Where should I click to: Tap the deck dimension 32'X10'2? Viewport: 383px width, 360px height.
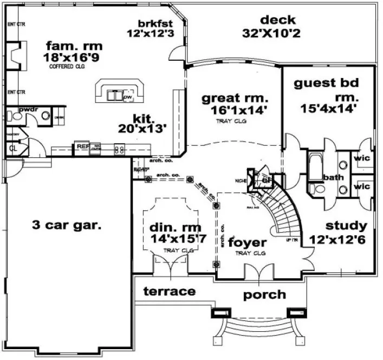[x=271, y=33]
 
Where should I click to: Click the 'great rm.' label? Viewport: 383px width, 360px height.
[x=235, y=98]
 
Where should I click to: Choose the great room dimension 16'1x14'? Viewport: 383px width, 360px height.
[x=234, y=110]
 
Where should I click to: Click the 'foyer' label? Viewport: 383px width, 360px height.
[x=247, y=242]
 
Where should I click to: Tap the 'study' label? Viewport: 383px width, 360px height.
[x=346, y=226]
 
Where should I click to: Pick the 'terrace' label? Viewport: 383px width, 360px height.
[x=169, y=292]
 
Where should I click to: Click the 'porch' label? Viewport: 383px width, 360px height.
[x=264, y=294]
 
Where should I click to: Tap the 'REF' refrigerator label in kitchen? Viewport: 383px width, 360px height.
[x=82, y=146]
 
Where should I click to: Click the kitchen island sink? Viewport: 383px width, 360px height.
[x=115, y=95]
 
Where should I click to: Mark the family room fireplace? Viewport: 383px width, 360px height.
[x=16, y=54]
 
